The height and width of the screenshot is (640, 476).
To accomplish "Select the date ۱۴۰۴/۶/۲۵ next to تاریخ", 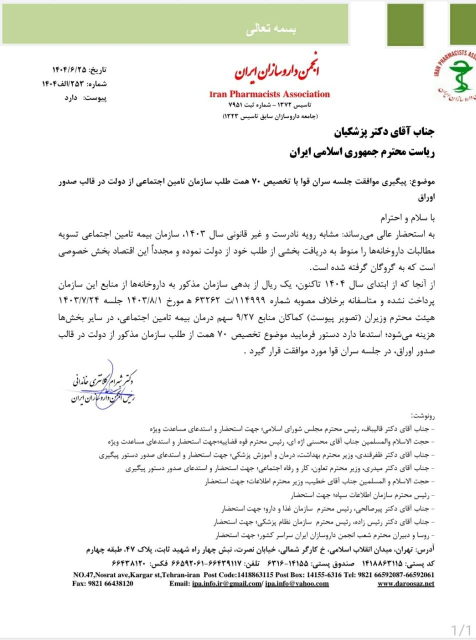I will (x=69, y=69).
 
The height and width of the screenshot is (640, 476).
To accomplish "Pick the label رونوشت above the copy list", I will (x=422, y=415).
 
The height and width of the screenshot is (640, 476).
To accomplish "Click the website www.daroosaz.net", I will (x=405, y=583).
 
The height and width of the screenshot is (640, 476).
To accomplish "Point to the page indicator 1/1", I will (x=461, y=629).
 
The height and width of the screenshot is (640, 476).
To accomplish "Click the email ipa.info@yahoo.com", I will (x=297, y=583).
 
